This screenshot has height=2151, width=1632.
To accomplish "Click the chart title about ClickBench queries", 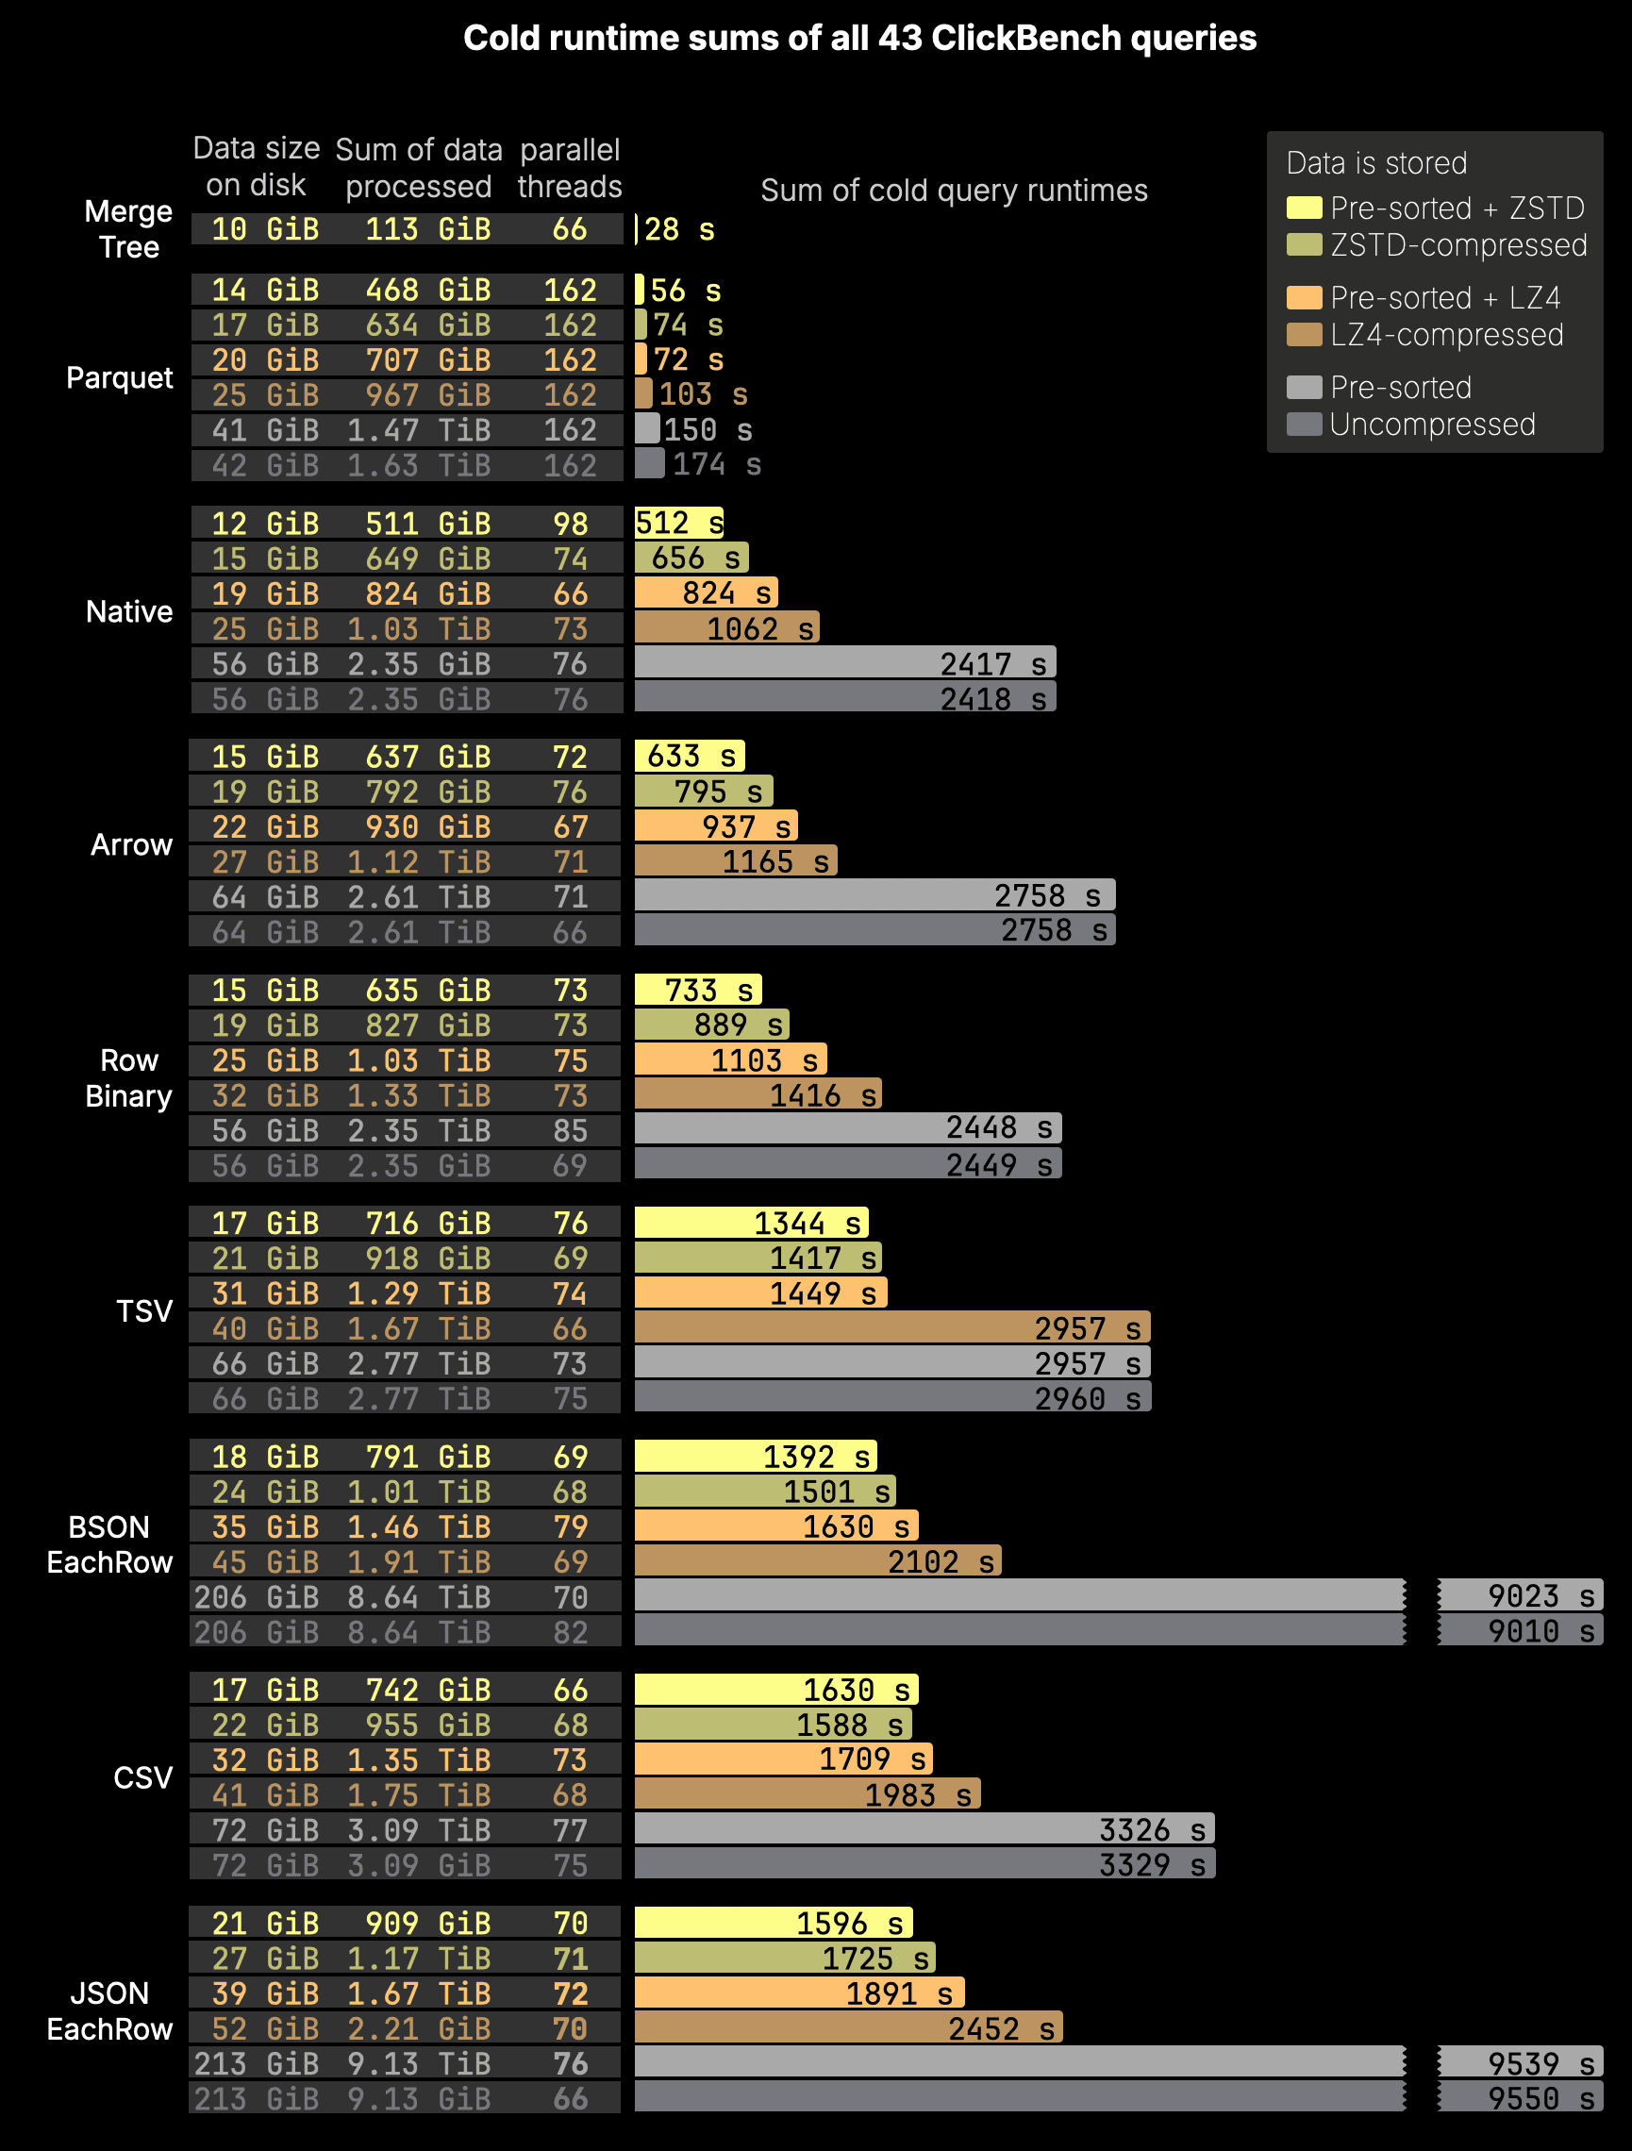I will pyautogui.click(x=859, y=39).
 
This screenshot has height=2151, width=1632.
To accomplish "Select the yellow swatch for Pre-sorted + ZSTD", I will pyautogui.click(x=1304, y=208).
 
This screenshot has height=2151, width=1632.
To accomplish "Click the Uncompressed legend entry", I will pyautogui.click(x=1432, y=425).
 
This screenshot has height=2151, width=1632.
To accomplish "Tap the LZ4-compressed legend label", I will pyautogui.click(x=1446, y=336).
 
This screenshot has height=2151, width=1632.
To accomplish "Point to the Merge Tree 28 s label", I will pyautogui.click(x=679, y=230).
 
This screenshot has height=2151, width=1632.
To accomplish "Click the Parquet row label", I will pyautogui.click(x=120, y=377).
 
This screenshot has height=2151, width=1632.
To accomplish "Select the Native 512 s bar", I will pyautogui.click(x=679, y=524).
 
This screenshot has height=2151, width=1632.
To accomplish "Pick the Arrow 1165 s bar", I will pyautogui.click(x=735, y=861).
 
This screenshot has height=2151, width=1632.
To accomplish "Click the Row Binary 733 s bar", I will pyautogui.click(x=697, y=990).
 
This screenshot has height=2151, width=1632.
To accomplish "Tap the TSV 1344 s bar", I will pyautogui.click(x=751, y=1224).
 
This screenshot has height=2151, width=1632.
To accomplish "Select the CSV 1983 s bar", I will pyautogui.click(x=808, y=1795).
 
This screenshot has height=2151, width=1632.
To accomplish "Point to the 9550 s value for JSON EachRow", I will pyautogui.click(x=1540, y=2098).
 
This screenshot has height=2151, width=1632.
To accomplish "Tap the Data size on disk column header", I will pyautogui.click(x=256, y=166).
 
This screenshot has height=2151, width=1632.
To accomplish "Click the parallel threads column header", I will pyautogui.click(x=569, y=167).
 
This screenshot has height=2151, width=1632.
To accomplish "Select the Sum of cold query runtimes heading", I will pyautogui.click(x=953, y=191).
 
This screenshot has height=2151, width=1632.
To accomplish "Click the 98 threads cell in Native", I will pyautogui.click(x=570, y=524).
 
